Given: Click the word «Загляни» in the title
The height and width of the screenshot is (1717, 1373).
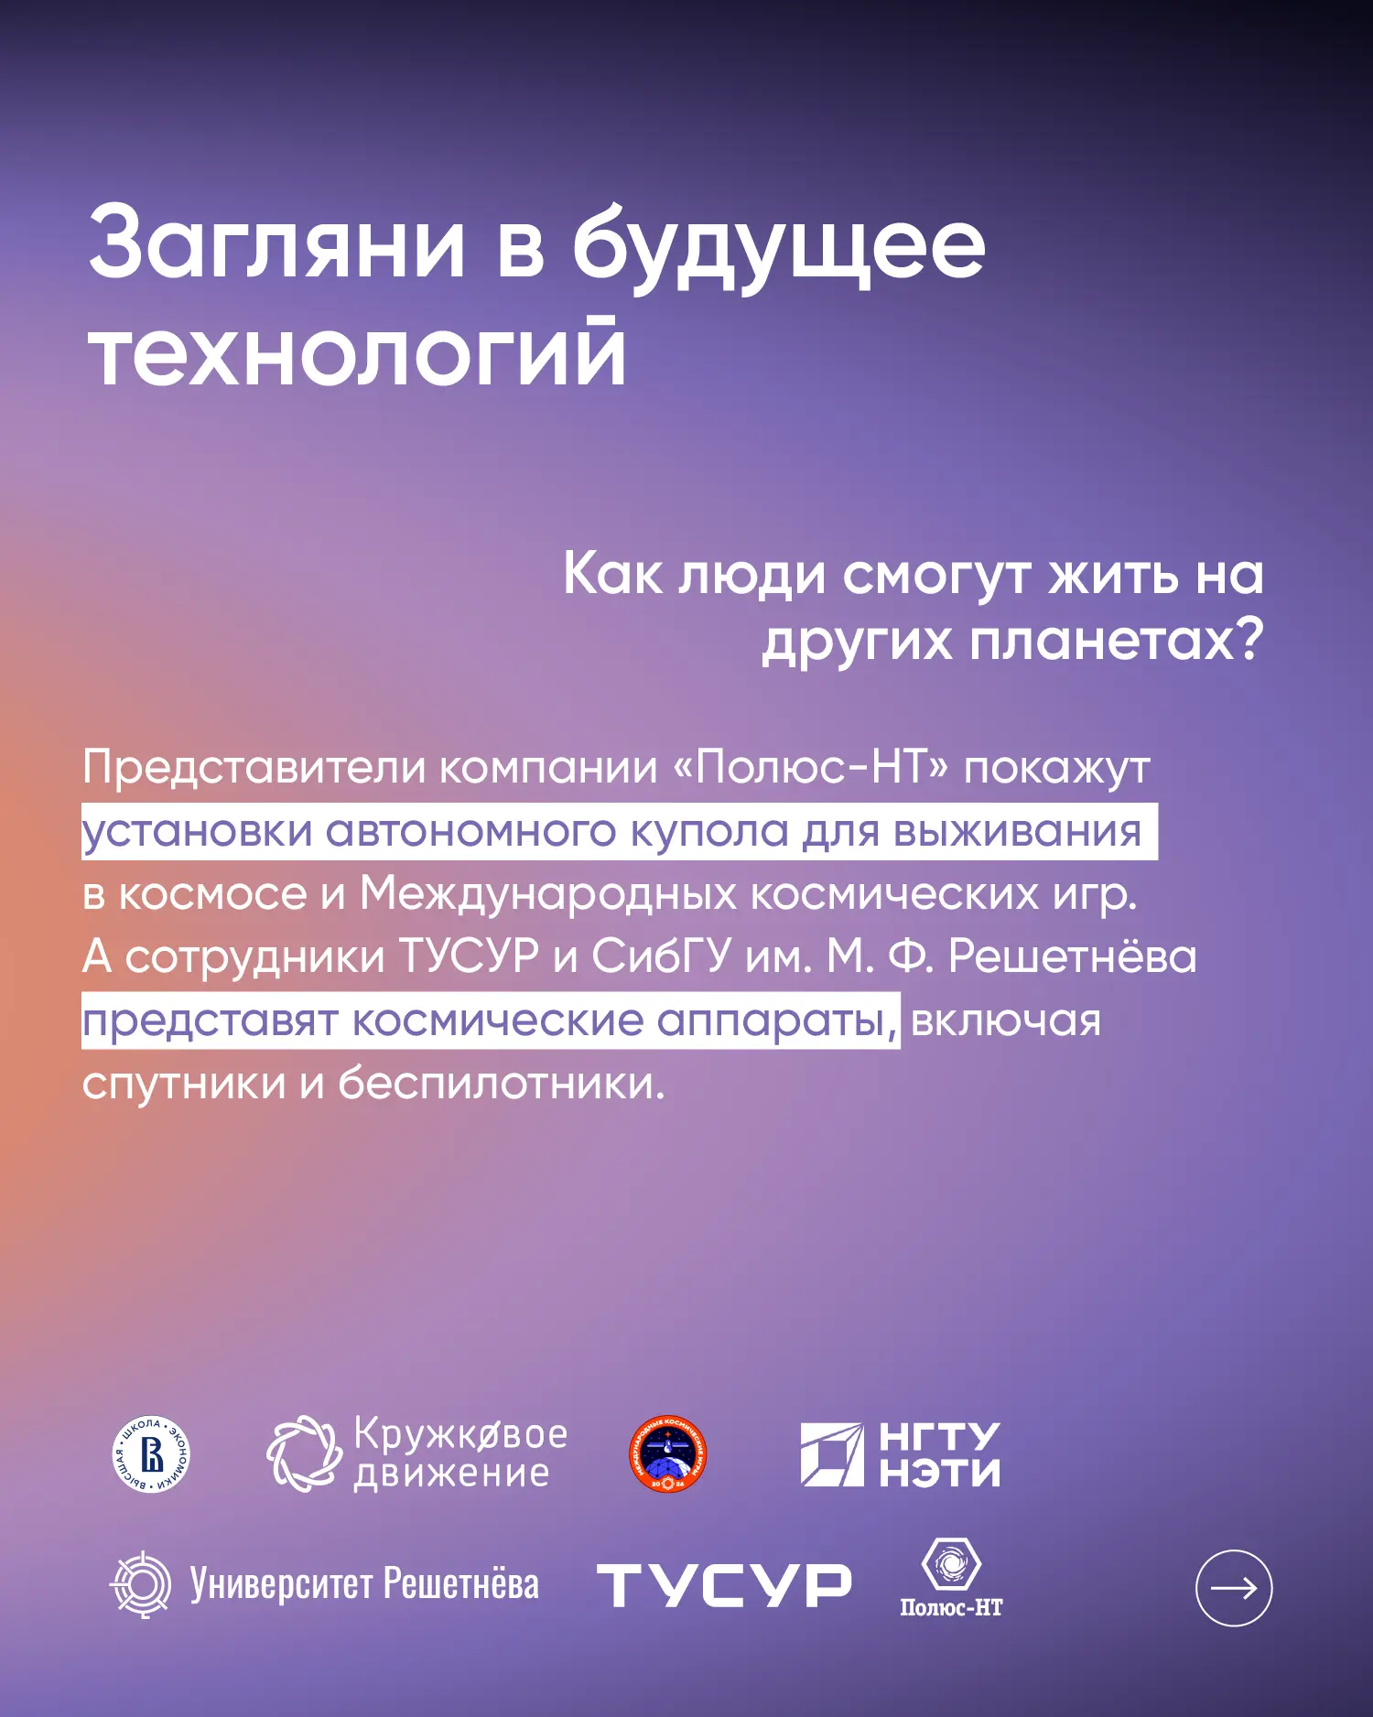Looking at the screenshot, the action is pos(277,244).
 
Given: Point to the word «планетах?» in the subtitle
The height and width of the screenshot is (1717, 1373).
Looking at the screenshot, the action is pos(1117,640).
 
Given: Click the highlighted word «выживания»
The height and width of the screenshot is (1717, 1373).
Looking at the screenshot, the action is pos(1017,832).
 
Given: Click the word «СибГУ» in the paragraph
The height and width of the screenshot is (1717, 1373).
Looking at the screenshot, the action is pos(661,956).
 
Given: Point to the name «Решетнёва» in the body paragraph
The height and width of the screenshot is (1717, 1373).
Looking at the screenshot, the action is pos(1072,956).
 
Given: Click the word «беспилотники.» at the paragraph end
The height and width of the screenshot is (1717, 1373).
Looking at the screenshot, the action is pos(502,1084).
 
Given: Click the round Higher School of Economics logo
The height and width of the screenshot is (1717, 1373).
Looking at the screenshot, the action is pos(151,1454).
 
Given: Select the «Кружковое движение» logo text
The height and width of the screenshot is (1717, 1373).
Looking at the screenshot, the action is pos(460,1453).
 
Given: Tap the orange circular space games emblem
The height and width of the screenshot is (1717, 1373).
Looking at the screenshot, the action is pos(668,1453).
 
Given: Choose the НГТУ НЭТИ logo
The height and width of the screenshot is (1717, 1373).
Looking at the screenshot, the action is pos(901,1453).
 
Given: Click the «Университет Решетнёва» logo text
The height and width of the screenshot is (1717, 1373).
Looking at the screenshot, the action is pos(364,1584).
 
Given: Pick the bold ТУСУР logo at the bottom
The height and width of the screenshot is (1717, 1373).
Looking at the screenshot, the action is pos(724,1585).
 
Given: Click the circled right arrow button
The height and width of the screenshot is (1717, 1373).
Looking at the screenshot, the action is pos(1234,1588).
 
